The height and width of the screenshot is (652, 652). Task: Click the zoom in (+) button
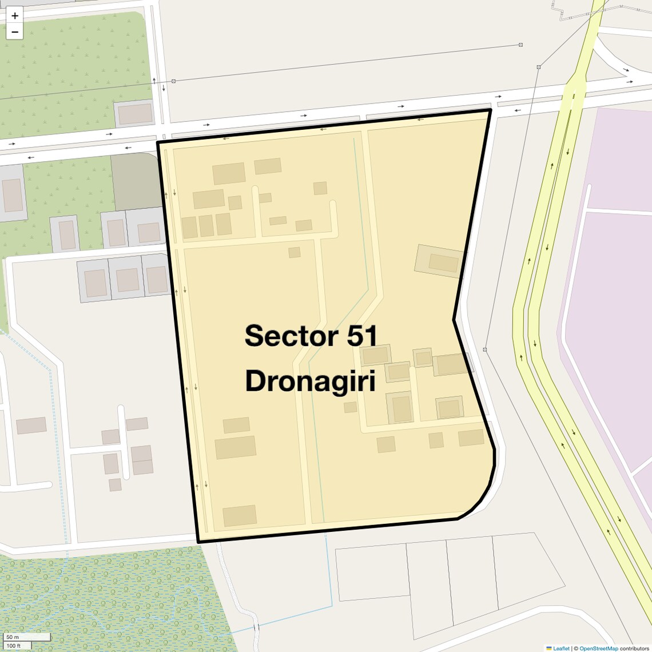coord(15,15)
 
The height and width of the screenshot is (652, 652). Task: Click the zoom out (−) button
coord(15,32)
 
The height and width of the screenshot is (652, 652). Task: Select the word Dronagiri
coord(310,381)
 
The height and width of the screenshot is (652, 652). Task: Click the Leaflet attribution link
coord(561,648)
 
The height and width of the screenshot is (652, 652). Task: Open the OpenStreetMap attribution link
coord(598,648)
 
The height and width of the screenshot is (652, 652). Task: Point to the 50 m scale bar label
coord(13,637)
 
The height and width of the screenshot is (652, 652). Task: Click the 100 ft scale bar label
coord(14,646)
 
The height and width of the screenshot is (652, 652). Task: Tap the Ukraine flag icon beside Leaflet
coord(549,648)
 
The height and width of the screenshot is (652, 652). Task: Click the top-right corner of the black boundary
coord(490,110)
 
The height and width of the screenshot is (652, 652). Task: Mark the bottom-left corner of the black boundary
coord(198,541)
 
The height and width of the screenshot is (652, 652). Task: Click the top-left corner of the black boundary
coord(158,142)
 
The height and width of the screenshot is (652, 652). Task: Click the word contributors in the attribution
coord(634,648)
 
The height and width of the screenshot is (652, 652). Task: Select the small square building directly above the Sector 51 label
coord(295,252)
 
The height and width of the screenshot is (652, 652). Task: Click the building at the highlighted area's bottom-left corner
coord(240,515)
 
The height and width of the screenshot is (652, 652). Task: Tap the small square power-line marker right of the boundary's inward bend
coord(485,349)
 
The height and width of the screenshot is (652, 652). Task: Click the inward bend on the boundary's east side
coord(454,320)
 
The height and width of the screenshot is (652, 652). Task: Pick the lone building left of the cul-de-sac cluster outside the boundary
coord(31,426)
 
